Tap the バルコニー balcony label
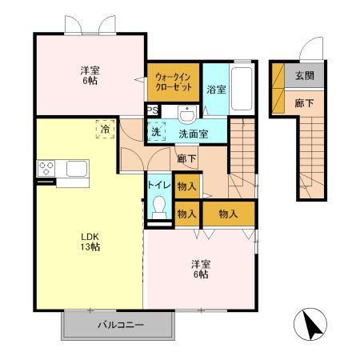click(x=120, y=326)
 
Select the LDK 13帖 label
click(x=88, y=242)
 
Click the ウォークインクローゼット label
click(x=172, y=80)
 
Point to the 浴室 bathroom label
click(x=216, y=90)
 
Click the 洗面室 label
click(x=193, y=134)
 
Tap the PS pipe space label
click(x=152, y=111)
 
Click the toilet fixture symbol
click(x=158, y=210)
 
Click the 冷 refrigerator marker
click(x=105, y=127)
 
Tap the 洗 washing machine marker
click(x=156, y=131)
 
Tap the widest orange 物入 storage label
click(x=228, y=214)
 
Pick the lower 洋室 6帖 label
click(x=200, y=269)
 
